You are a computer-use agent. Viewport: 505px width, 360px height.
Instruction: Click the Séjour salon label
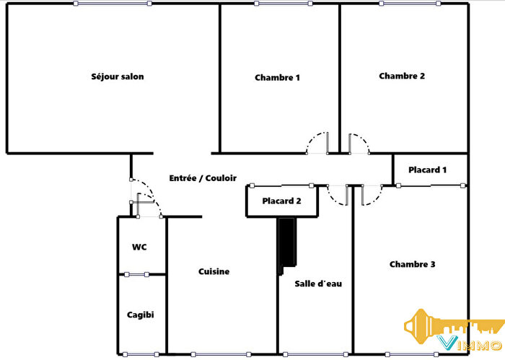click(x=117, y=76)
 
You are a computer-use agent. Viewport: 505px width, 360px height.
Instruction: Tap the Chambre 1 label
click(x=277, y=78)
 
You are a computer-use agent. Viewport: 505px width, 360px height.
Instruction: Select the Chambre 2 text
click(x=402, y=76)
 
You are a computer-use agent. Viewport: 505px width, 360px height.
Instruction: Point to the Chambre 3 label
click(x=412, y=264)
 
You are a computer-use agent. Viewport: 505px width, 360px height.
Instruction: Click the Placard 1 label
click(x=427, y=170)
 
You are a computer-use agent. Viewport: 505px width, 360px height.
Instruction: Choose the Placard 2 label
click(x=281, y=201)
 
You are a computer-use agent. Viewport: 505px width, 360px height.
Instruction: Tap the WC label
click(x=139, y=247)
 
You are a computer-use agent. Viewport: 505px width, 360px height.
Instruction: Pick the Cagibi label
click(x=141, y=315)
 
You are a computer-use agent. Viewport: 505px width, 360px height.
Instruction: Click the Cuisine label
click(x=214, y=271)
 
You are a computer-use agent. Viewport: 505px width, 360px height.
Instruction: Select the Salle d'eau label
click(x=318, y=284)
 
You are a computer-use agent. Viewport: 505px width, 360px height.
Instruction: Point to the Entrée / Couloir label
click(x=203, y=178)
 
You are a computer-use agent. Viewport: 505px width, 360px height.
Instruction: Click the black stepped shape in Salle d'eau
click(x=287, y=245)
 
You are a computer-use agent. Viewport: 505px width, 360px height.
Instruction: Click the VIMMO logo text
click(x=470, y=343)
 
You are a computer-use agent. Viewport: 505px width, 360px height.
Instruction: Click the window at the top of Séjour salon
click(x=113, y=4)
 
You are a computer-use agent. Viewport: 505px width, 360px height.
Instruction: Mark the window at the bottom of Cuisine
click(x=221, y=354)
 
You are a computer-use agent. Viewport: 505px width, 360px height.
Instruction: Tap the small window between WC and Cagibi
click(x=136, y=275)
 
